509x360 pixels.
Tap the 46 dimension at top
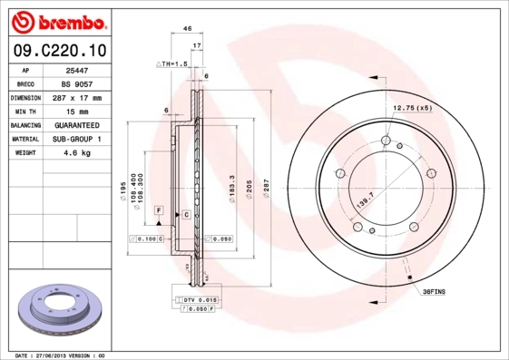point(186,29)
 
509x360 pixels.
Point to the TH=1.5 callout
point(173,64)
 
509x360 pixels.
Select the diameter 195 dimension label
point(123,190)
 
